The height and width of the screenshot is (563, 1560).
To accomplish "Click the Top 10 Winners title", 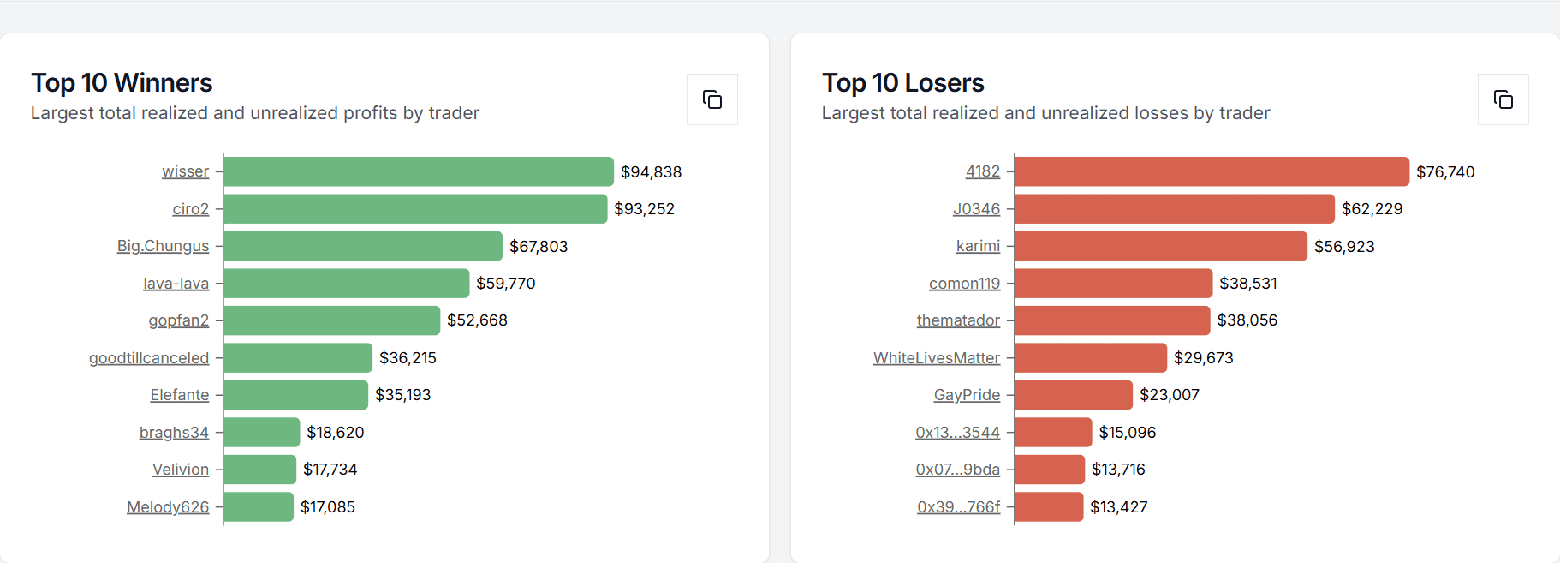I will click(122, 83).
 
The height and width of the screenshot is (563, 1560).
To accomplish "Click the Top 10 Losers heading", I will click(902, 83).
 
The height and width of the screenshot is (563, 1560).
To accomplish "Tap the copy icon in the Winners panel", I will click(712, 99).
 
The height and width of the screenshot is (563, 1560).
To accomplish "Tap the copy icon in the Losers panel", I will click(1503, 99).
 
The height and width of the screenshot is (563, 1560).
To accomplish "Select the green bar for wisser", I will click(418, 171).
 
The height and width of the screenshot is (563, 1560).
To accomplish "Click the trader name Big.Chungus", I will click(163, 246).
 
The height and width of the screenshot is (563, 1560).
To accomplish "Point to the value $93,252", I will click(644, 209).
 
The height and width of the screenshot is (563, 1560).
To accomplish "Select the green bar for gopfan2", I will click(331, 320).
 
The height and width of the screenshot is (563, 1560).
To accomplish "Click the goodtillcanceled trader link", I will click(149, 358).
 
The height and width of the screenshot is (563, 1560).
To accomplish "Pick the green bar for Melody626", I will click(259, 507).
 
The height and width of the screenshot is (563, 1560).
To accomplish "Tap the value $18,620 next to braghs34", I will click(335, 433).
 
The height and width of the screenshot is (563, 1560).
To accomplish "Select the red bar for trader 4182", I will click(1211, 171).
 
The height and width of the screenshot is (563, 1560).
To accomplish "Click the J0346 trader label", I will click(976, 209).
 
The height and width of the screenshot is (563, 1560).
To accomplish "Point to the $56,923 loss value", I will click(1344, 247).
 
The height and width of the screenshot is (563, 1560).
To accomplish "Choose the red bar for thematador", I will click(1111, 320).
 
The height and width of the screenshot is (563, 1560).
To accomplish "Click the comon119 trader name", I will click(964, 284).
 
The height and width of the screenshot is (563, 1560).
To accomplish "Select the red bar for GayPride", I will click(1073, 395).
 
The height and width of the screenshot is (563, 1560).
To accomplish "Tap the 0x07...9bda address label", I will click(957, 470).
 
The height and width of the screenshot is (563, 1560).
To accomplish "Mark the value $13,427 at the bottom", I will click(1118, 507).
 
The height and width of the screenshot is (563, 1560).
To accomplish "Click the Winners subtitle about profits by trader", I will click(254, 113).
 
